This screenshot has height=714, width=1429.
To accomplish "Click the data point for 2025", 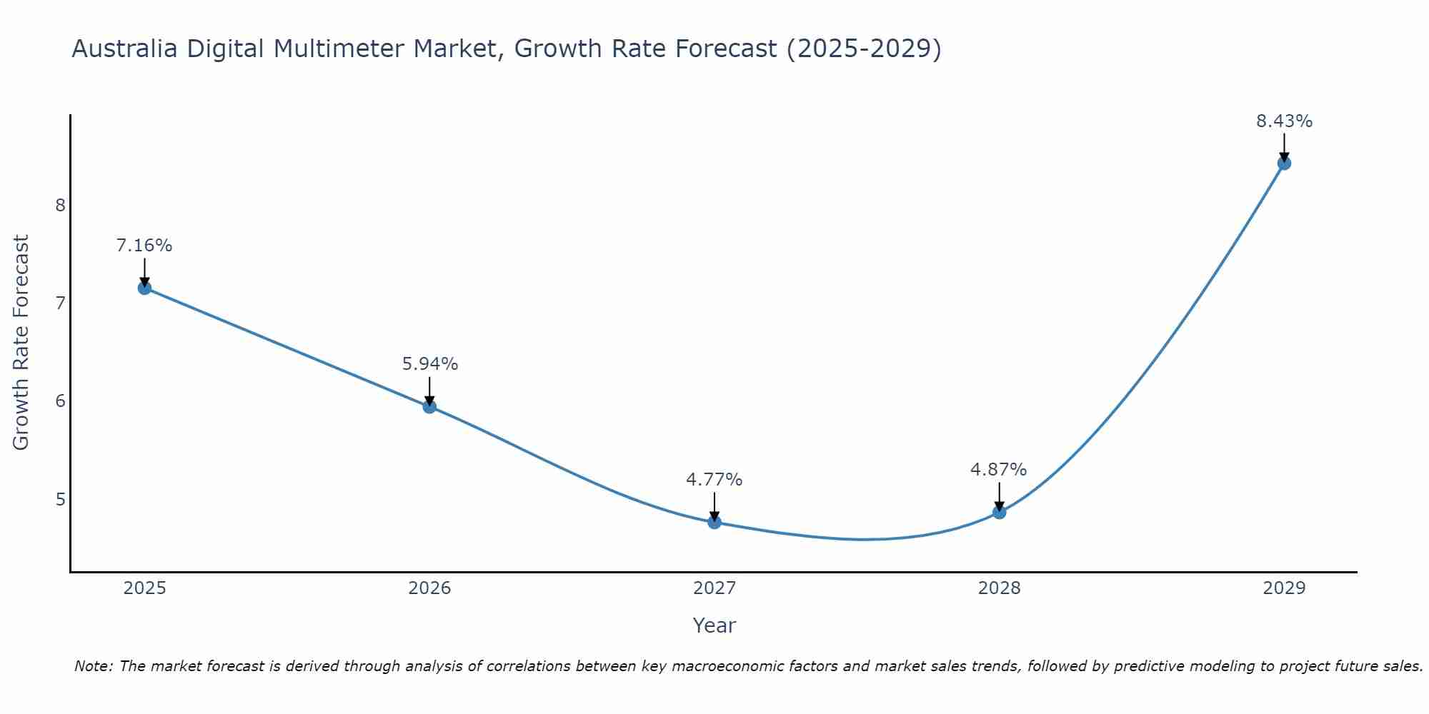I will point(144,288).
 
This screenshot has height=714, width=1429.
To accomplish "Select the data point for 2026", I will point(429,407).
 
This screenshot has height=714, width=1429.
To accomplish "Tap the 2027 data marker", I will point(714,522).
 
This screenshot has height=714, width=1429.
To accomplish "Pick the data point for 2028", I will point(999,512).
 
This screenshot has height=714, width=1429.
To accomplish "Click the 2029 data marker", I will point(1284,164).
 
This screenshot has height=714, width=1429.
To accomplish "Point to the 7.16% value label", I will point(144,246).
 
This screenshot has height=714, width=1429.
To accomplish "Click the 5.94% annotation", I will point(429,364).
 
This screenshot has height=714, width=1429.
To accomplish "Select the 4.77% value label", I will point(714,480).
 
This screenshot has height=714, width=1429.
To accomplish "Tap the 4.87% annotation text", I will point(999,470).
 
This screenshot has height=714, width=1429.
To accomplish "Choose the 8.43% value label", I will point(1284,121).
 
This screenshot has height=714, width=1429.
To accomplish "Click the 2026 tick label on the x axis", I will point(429,588).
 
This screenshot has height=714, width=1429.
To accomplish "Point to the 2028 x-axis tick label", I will point(999,588).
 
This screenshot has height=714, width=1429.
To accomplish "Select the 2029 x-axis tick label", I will point(1284,588).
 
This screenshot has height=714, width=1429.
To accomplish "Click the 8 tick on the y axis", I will point(60,206).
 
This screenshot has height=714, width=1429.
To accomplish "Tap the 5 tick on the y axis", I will point(60,499).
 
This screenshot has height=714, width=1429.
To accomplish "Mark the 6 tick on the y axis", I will point(60,401).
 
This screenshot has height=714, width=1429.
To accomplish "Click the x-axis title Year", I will point(714,625).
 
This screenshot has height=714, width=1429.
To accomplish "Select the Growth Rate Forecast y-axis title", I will point(21,343).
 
